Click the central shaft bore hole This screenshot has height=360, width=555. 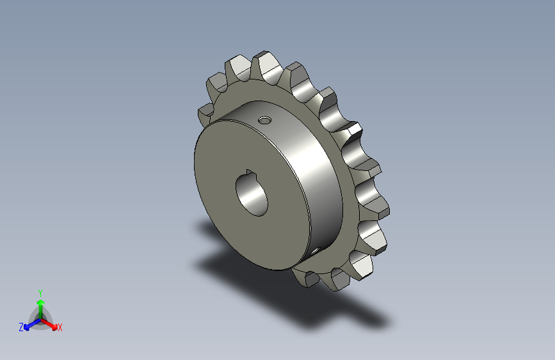252,194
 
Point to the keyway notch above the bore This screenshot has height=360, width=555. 250,172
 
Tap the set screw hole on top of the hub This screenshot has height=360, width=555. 264,120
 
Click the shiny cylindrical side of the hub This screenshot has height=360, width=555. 314,173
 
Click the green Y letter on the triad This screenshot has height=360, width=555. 40,291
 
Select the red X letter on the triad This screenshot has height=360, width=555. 60,328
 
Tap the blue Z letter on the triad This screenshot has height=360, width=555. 21,327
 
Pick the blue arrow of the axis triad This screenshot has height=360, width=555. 29,324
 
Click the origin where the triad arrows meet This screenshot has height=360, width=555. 40,318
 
